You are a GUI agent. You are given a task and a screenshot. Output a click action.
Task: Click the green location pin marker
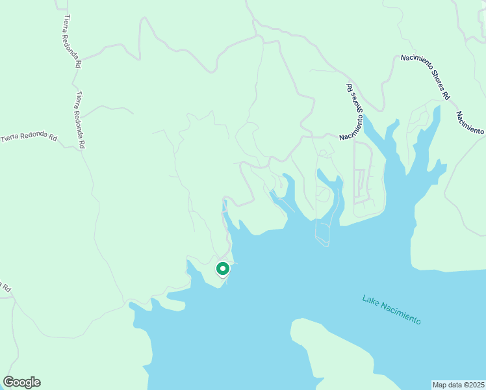pyautogui.click(x=222, y=268)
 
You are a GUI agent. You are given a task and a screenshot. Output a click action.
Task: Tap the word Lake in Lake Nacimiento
pyautogui.click(x=371, y=300)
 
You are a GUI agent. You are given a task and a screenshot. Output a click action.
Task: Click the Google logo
pyautogui.click(x=21, y=382)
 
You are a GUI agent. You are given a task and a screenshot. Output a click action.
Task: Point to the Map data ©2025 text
pyautogui.click(x=459, y=385)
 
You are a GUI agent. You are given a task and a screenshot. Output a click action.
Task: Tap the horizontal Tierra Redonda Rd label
pyautogui.click(x=29, y=137)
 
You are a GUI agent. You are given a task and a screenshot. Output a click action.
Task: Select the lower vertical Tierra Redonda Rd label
pyautogui.click(x=81, y=120)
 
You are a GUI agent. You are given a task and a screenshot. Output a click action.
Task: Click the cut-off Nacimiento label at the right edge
pyautogui.click(x=470, y=123)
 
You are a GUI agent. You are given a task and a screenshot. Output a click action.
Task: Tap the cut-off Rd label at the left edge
pyautogui.click(x=5, y=287)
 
